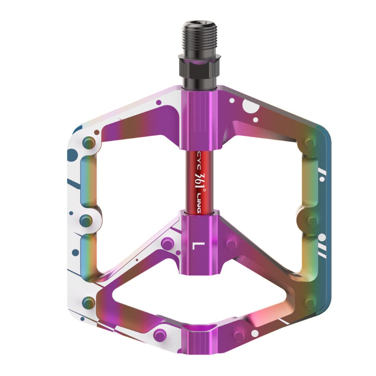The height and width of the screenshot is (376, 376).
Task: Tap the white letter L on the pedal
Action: [197, 245]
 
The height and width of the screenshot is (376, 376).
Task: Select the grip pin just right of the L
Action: [231, 245]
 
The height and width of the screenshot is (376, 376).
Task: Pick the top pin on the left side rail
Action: [87, 142]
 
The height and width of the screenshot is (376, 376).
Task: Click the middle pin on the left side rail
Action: [86, 219]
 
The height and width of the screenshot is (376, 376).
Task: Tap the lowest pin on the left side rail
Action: [87, 301]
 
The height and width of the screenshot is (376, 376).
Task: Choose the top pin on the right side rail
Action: [311, 141]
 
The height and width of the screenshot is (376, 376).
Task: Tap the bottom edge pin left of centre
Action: [160, 335]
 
